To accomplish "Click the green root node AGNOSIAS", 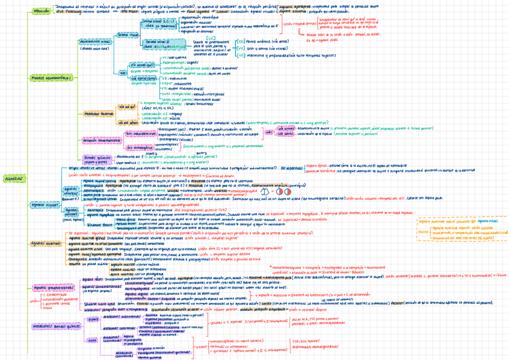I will pos(13,179).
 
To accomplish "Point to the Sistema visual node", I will pos(128,35).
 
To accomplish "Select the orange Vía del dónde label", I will pos(135,122).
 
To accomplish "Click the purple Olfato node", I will pos(94,320).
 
